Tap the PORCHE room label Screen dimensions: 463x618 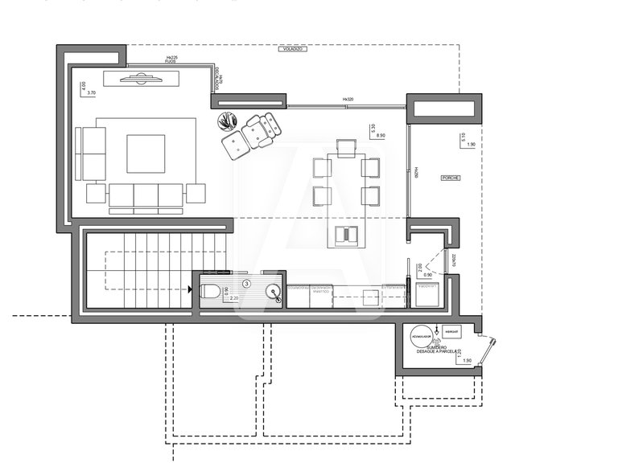pos(451,178)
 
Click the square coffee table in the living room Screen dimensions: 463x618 pos(146,154)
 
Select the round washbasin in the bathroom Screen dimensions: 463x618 pos(274,292)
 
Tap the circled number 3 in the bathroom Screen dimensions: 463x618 pos(247,283)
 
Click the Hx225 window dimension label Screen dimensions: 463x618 pos(171,58)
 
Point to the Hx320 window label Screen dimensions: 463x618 pos(348,100)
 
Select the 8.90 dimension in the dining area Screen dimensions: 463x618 pos(381,136)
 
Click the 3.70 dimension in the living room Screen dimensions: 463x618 pos(91,93)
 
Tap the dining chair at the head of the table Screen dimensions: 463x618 pos(346,146)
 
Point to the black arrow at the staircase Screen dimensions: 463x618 pos(189,291)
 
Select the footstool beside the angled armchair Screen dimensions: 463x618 pos(235,145)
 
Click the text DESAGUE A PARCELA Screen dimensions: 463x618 pos(438,351)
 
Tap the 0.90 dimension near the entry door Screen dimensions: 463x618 pos(427,275)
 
